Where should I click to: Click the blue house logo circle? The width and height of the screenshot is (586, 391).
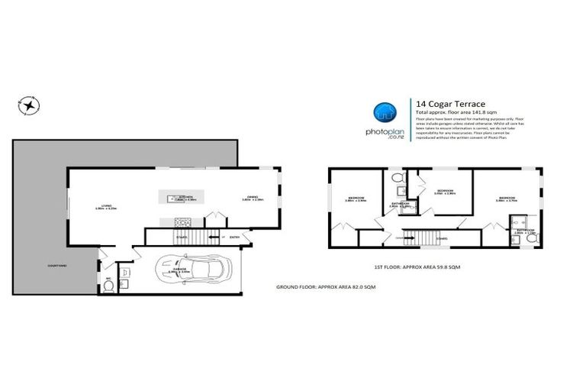pos(383,114)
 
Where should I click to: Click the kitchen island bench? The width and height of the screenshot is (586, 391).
pos(181,197)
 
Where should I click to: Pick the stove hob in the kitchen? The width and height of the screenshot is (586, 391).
pos(182,222)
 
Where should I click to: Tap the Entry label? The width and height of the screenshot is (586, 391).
pos(234,238)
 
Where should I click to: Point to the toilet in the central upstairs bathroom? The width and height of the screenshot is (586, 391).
pos(398,180)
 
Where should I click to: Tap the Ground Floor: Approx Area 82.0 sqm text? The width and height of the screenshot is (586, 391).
pos(326,286)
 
